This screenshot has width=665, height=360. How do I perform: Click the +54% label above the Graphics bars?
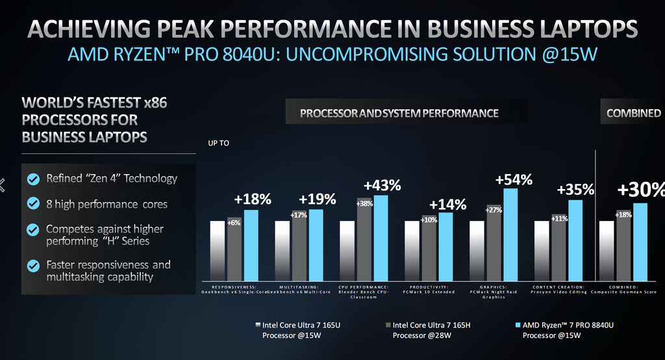tap(514, 179)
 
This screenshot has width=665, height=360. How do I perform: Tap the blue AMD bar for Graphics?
tap(510, 234)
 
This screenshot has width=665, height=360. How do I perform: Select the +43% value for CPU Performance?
tap(382, 185)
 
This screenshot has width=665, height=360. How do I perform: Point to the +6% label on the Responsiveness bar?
tap(234, 222)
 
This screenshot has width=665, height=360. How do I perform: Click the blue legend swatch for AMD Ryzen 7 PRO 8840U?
tap(517, 324)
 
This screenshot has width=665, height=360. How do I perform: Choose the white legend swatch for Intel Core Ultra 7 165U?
tap(257, 324)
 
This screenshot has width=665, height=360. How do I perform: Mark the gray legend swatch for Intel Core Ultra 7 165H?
tap(387, 324)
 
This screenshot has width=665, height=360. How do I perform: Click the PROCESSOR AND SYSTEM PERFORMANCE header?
tap(399, 113)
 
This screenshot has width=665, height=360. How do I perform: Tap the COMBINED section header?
tap(633, 113)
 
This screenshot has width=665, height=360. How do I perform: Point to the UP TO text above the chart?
tap(218, 143)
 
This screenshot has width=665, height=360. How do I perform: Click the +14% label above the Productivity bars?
tap(447, 205)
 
